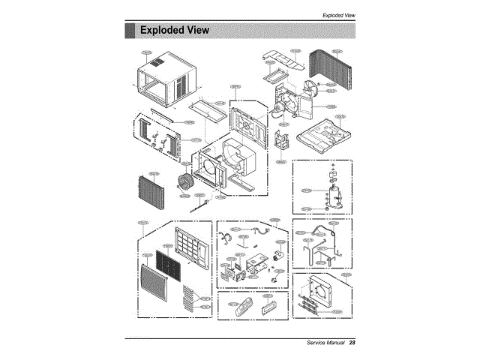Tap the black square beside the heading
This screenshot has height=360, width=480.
[x=130, y=30]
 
